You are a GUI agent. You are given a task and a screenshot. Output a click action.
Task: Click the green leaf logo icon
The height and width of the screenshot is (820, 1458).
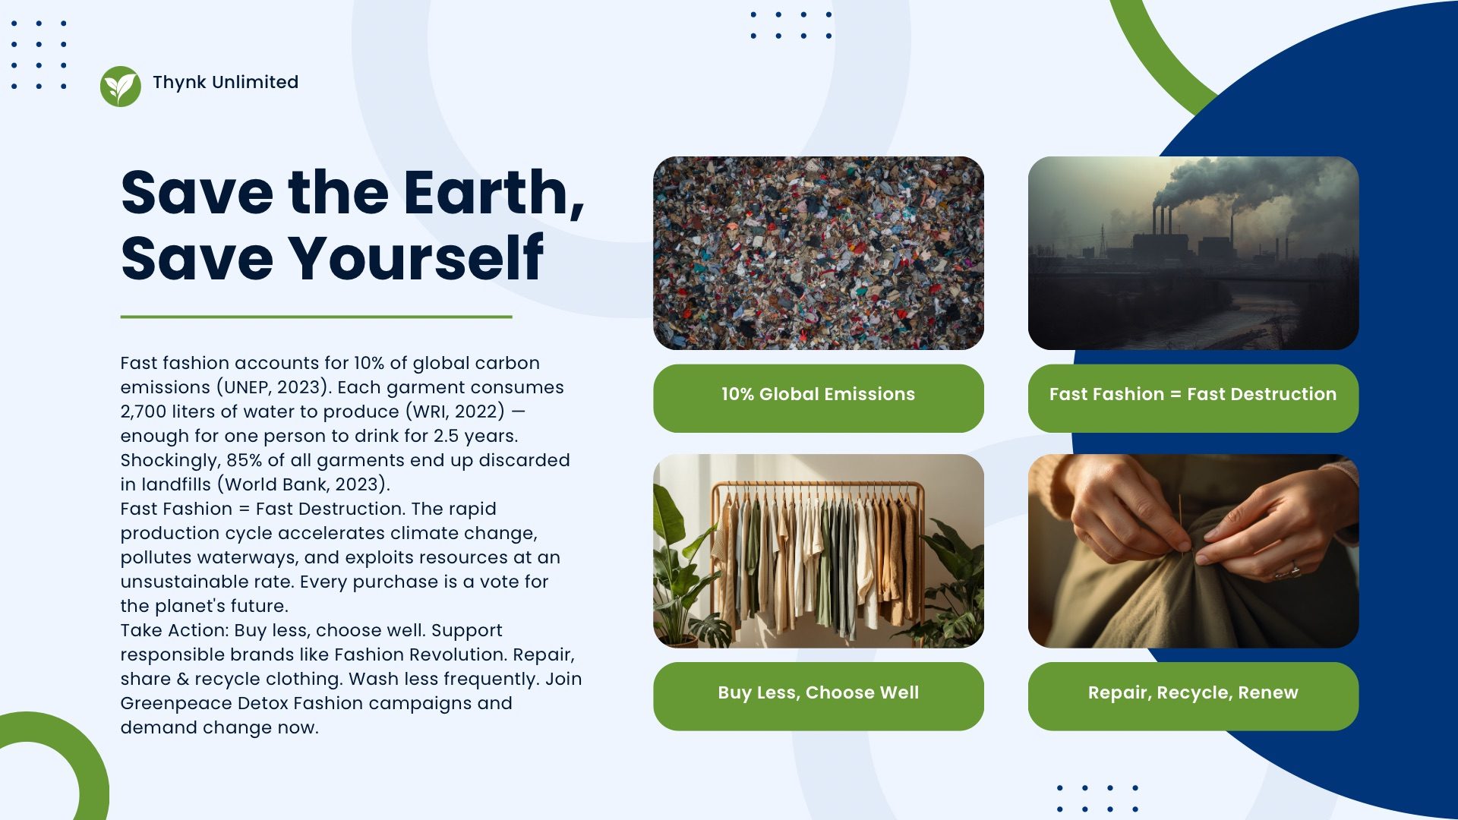coord(120,86)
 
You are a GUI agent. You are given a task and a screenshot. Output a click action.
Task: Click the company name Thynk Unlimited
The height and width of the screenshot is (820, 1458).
coord(226,82)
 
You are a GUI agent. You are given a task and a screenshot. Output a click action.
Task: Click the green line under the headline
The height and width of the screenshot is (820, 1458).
coord(316,317)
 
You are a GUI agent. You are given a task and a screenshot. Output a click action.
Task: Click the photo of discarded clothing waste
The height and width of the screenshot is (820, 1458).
coord(818,253)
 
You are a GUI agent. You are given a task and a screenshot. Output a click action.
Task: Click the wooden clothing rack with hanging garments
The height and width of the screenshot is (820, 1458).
coord(818,558)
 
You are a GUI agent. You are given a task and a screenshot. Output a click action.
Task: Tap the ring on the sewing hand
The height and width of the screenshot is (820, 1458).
coord(1294,569)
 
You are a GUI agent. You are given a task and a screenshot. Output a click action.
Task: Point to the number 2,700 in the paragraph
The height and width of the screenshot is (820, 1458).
coord(146,412)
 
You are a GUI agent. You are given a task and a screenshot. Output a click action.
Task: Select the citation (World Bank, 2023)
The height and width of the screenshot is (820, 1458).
coord(304,484)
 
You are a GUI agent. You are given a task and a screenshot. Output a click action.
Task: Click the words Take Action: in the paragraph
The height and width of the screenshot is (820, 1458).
coord(175,630)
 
